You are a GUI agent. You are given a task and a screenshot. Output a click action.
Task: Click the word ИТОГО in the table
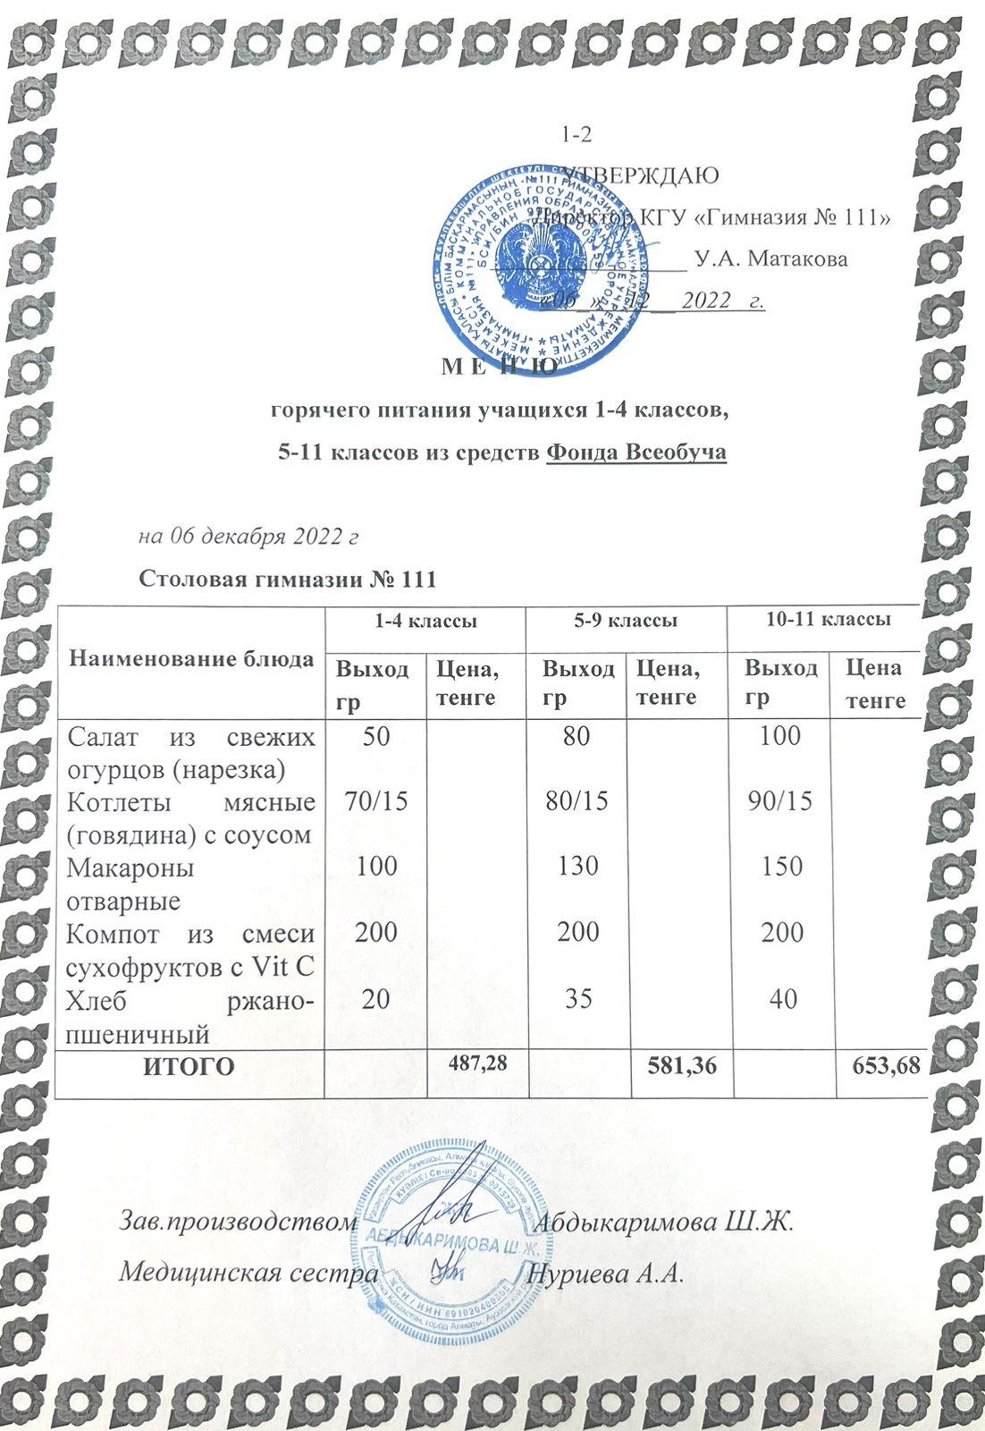[189, 1066]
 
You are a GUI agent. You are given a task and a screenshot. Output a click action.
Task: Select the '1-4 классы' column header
[425, 620]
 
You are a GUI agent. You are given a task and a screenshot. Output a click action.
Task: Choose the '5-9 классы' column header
[626, 620]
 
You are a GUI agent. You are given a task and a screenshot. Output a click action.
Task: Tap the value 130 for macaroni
[578, 866]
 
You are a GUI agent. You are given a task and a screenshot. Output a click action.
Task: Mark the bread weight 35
[579, 998]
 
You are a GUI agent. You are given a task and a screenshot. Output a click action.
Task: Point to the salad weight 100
[782, 735]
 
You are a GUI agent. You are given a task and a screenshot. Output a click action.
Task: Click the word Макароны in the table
[130, 867]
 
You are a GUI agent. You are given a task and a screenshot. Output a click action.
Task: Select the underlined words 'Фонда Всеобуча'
[636, 453]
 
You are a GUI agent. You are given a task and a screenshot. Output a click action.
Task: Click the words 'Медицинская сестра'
[248, 1272]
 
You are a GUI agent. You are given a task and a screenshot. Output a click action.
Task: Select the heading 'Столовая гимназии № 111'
[287, 579]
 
